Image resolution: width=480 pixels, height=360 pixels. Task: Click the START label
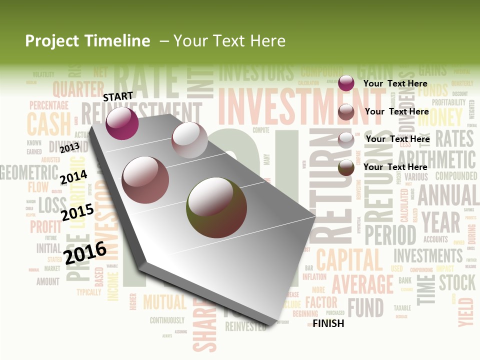118,96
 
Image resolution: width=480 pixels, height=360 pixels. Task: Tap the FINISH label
328,323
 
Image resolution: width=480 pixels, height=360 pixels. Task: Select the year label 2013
69,147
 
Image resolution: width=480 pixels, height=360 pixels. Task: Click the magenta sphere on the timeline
122,123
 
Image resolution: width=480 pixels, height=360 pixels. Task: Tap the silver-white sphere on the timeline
189,139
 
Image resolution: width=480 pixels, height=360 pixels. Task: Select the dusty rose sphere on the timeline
145,180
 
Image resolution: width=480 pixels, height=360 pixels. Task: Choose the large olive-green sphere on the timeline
216,207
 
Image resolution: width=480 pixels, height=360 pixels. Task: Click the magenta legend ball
346,83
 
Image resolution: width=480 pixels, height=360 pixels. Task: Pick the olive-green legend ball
346,167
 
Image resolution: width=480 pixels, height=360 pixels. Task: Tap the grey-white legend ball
346,140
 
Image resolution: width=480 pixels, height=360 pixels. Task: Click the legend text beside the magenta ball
395,83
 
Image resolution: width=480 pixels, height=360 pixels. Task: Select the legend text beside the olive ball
395,167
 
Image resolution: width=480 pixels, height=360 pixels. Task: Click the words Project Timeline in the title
87,41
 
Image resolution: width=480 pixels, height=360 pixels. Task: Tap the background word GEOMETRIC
29,172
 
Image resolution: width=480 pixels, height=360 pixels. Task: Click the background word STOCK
457,282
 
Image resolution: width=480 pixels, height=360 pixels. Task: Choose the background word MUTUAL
165,302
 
